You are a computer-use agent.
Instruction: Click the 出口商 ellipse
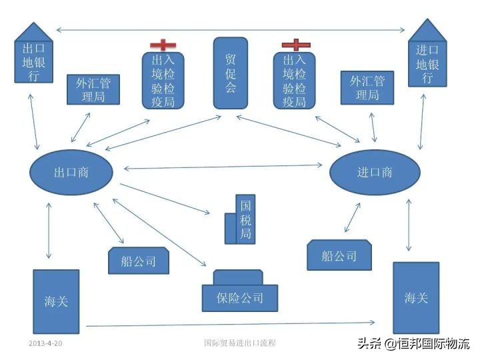coord(71,172)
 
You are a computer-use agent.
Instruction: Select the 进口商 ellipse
coord(375,172)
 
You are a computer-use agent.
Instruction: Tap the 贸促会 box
coord(231,73)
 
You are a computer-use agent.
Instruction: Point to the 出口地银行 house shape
coord(33,57)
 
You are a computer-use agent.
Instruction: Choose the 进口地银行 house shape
coord(427,57)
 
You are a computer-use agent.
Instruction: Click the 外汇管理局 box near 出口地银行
coord(93,89)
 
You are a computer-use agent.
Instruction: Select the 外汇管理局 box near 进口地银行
coord(367,87)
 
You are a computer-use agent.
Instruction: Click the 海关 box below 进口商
coord(416,297)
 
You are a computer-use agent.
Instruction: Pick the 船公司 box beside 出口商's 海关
coord(139,261)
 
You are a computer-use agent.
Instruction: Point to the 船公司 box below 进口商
coord(339,255)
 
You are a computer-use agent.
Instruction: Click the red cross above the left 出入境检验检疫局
coord(163,45)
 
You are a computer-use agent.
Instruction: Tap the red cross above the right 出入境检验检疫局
coord(295,45)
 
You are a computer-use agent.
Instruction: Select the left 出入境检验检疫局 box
coord(163,80)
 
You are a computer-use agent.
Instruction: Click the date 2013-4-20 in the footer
coord(45,343)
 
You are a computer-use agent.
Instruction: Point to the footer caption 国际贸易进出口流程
coord(240,343)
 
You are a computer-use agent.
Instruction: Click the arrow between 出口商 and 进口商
coord(223,167)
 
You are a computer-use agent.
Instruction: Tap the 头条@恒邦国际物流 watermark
coord(414,344)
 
